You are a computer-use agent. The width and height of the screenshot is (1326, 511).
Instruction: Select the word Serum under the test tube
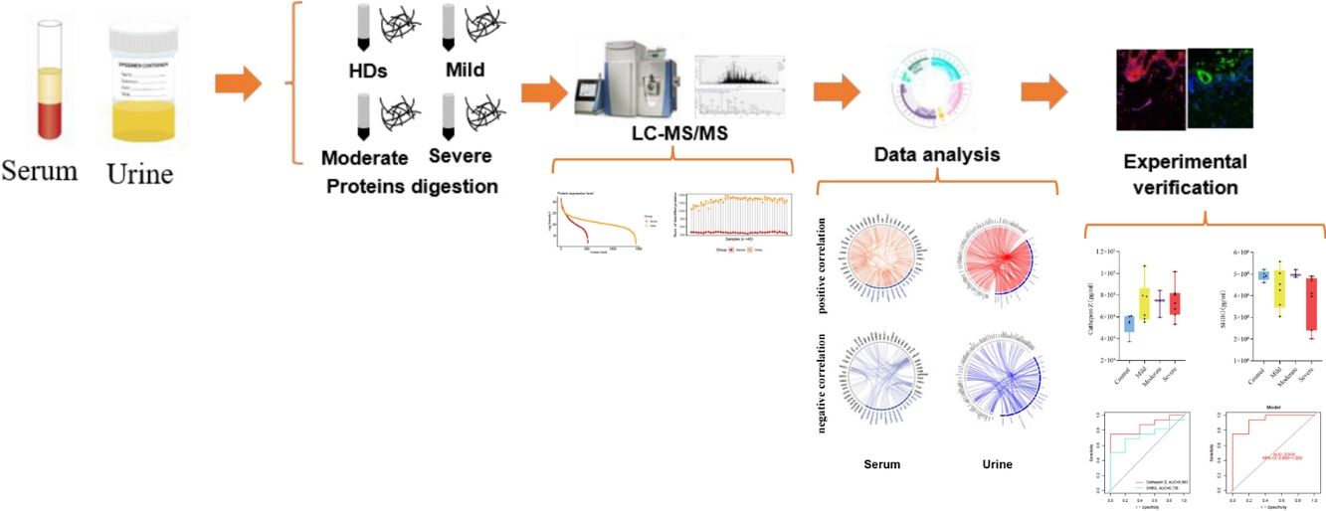pyautogui.click(x=40, y=170)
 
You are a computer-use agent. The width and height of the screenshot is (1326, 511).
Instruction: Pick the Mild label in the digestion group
pyautogui.click(x=466, y=72)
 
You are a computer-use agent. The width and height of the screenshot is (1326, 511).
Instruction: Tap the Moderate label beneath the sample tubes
pyautogui.click(x=364, y=158)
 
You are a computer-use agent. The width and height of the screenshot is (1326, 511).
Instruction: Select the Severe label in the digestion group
pyautogui.click(x=460, y=156)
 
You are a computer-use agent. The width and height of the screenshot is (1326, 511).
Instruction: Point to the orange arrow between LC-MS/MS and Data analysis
pyautogui.click(x=837, y=91)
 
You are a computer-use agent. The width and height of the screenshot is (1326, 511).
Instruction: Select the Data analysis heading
pyautogui.click(x=936, y=154)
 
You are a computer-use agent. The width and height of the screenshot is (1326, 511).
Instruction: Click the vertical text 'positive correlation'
pyautogui.click(x=823, y=264)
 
